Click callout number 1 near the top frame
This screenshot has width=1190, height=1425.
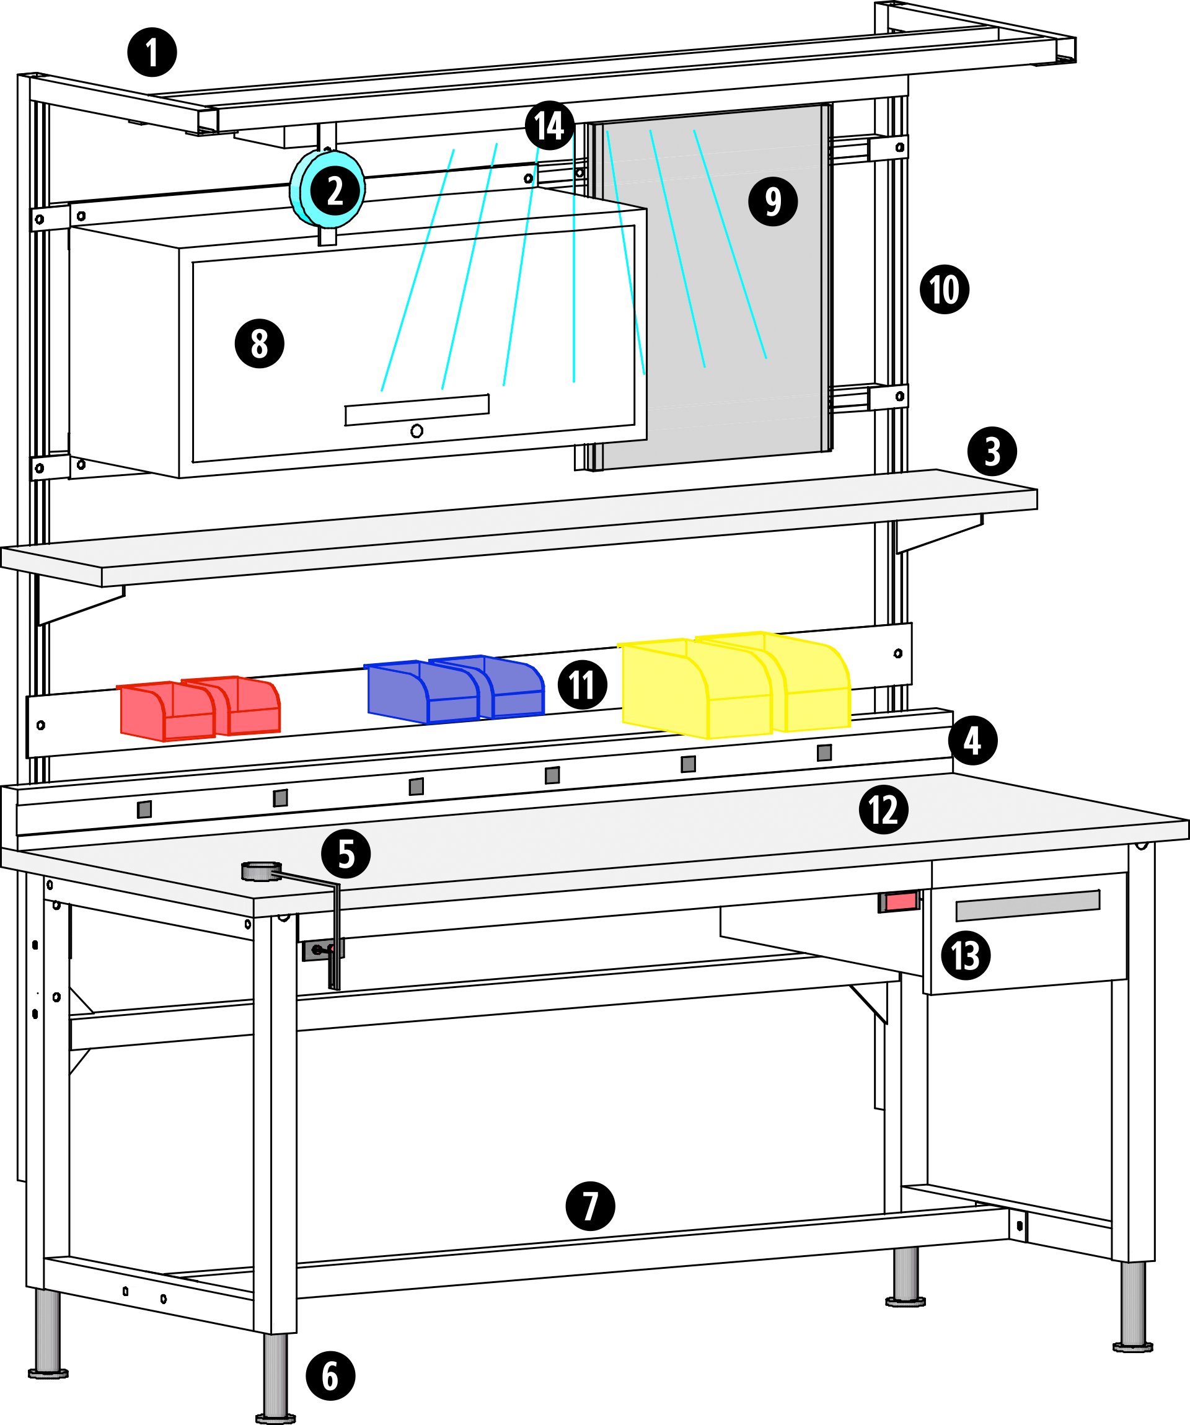tap(152, 52)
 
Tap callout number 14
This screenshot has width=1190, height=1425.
tap(550, 126)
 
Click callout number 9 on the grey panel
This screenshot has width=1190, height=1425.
tap(773, 201)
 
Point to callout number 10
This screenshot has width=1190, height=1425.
tap(945, 289)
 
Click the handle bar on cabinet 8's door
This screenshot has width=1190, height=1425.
tap(416, 410)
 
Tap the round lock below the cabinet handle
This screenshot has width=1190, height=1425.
tap(416, 431)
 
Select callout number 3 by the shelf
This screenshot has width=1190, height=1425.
tap(992, 451)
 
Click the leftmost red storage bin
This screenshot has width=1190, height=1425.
tap(166, 713)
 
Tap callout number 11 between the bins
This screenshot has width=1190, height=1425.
tap(582, 685)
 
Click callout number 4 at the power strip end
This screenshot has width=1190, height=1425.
tap(973, 740)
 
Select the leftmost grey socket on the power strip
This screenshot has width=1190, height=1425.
tap(144, 809)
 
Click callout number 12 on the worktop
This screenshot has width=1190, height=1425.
tap(883, 810)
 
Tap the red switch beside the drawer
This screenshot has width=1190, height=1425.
tap(899, 902)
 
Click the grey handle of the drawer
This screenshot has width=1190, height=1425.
tap(1028, 905)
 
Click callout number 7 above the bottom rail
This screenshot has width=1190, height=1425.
tap(590, 1206)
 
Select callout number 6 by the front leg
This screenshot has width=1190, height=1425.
tap(330, 1375)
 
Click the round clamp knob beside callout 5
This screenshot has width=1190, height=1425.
tap(261, 871)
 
